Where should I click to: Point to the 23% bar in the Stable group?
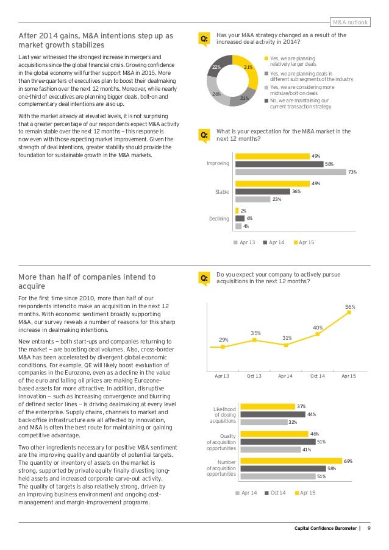(252, 199)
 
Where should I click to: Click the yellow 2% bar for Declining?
(237, 211)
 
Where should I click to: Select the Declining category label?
(219, 219)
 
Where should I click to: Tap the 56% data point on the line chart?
(350, 313)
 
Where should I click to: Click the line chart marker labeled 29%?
(223, 347)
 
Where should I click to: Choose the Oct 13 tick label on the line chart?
(255, 376)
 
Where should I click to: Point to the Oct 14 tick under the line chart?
(318, 376)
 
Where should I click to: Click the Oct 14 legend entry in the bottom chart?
(275, 492)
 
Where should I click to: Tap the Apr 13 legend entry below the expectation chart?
(244, 242)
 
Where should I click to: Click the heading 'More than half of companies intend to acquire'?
(87, 281)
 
